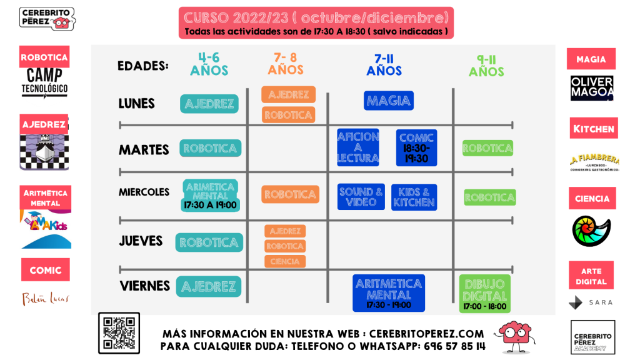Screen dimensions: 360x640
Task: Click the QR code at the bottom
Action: coord(118,333)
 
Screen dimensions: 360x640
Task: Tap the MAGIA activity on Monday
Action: coord(389,101)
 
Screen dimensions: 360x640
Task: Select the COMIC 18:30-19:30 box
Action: coord(416,148)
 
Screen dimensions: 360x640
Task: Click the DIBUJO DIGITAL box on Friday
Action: coord(485,294)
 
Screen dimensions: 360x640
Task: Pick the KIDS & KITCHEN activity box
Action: coord(414,197)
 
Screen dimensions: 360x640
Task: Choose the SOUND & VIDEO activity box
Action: coord(361,197)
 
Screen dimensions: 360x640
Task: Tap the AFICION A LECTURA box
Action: coord(358,148)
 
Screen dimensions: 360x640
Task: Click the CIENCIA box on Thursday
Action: coord(285,261)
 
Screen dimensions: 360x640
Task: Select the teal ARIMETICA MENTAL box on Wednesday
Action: coord(210,194)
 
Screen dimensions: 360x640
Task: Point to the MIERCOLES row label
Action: coord(144,192)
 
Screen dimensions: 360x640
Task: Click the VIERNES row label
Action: coord(144,286)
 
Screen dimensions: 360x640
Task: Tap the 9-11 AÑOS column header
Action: coord(486,66)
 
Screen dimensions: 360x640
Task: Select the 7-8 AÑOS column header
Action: coord(286,64)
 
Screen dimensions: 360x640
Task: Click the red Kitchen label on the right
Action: coord(593,129)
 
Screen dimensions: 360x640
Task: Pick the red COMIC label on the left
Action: coord(45,270)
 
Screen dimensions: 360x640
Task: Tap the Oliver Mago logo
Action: coord(592,88)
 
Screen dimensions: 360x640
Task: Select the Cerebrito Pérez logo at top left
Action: coord(47,19)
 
